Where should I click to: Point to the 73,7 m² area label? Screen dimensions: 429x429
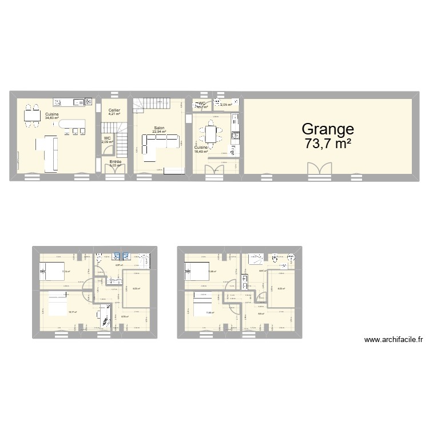pyautogui.click(x=328, y=144)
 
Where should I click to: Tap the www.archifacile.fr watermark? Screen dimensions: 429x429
pyautogui.click(x=394, y=339)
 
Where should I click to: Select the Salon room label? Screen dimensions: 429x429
pyautogui.click(x=158, y=128)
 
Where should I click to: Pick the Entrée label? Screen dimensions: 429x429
pyautogui.click(x=116, y=162)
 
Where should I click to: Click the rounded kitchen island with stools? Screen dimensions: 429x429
pyautogui.click(x=73, y=124)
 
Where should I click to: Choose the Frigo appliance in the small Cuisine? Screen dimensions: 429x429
pyautogui.click(x=233, y=150)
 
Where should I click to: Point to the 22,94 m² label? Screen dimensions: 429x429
pyautogui.click(x=158, y=132)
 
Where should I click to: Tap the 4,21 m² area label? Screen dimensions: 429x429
pyautogui.click(x=114, y=114)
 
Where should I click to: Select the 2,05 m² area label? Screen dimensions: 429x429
pyautogui.click(x=226, y=105)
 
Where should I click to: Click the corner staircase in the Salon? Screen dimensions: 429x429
pyautogui.click(x=152, y=106)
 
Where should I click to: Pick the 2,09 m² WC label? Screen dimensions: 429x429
pyautogui.click(x=108, y=142)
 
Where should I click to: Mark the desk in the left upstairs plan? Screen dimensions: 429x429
pyautogui.click(x=101, y=314)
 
